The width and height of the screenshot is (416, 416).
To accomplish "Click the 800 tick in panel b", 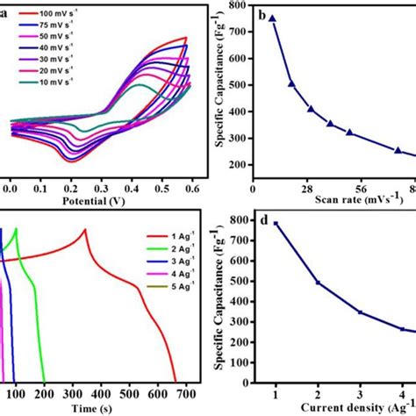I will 236,6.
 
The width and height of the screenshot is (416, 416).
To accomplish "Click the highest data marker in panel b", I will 272,18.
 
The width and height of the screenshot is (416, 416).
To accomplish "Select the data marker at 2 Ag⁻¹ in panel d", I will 318,283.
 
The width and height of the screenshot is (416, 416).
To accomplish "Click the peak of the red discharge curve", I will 84,230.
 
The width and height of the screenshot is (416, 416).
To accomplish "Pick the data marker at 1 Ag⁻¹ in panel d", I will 276,223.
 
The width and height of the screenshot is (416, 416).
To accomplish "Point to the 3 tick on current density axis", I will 360,392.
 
